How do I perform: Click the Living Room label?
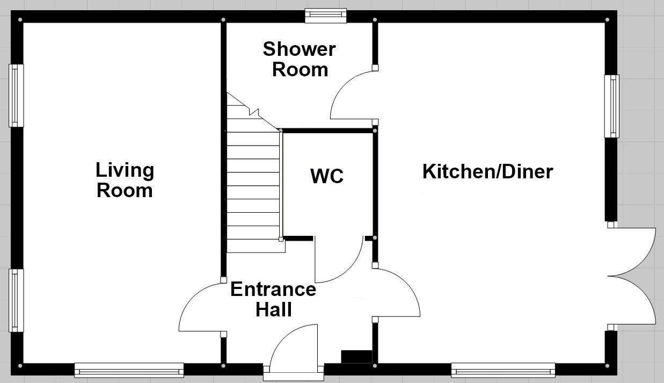(x=125, y=180)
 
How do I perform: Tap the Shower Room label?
(x=299, y=59)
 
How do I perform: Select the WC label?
(x=326, y=176)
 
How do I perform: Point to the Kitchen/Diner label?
(x=487, y=172)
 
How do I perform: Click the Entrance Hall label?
(x=273, y=299)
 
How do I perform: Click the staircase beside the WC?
(x=253, y=183)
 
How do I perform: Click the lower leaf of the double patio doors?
(x=633, y=301)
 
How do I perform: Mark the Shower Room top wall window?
(x=326, y=16)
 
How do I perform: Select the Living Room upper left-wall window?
(x=17, y=96)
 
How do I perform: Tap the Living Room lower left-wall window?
(x=17, y=300)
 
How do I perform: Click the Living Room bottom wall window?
(x=129, y=370)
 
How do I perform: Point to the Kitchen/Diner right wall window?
(x=612, y=106)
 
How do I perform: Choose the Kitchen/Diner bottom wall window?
(x=503, y=370)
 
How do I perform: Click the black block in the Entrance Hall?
(x=356, y=356)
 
